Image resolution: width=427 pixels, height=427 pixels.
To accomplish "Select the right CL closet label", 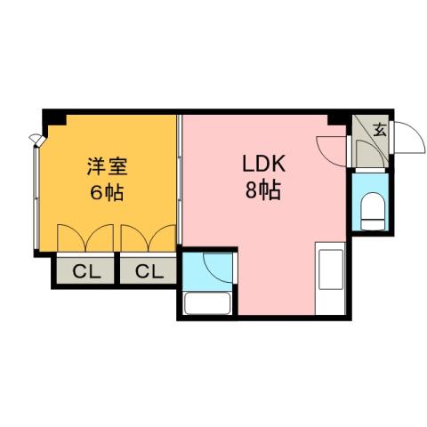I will click(x=149, y=271).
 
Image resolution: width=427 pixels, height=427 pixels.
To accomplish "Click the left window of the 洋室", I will click(x=36, y=196).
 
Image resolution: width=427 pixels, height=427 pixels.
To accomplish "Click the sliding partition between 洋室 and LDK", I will click(x=181, y=178).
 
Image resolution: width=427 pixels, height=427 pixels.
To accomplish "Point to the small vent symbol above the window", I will click(x=36, y=138).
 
